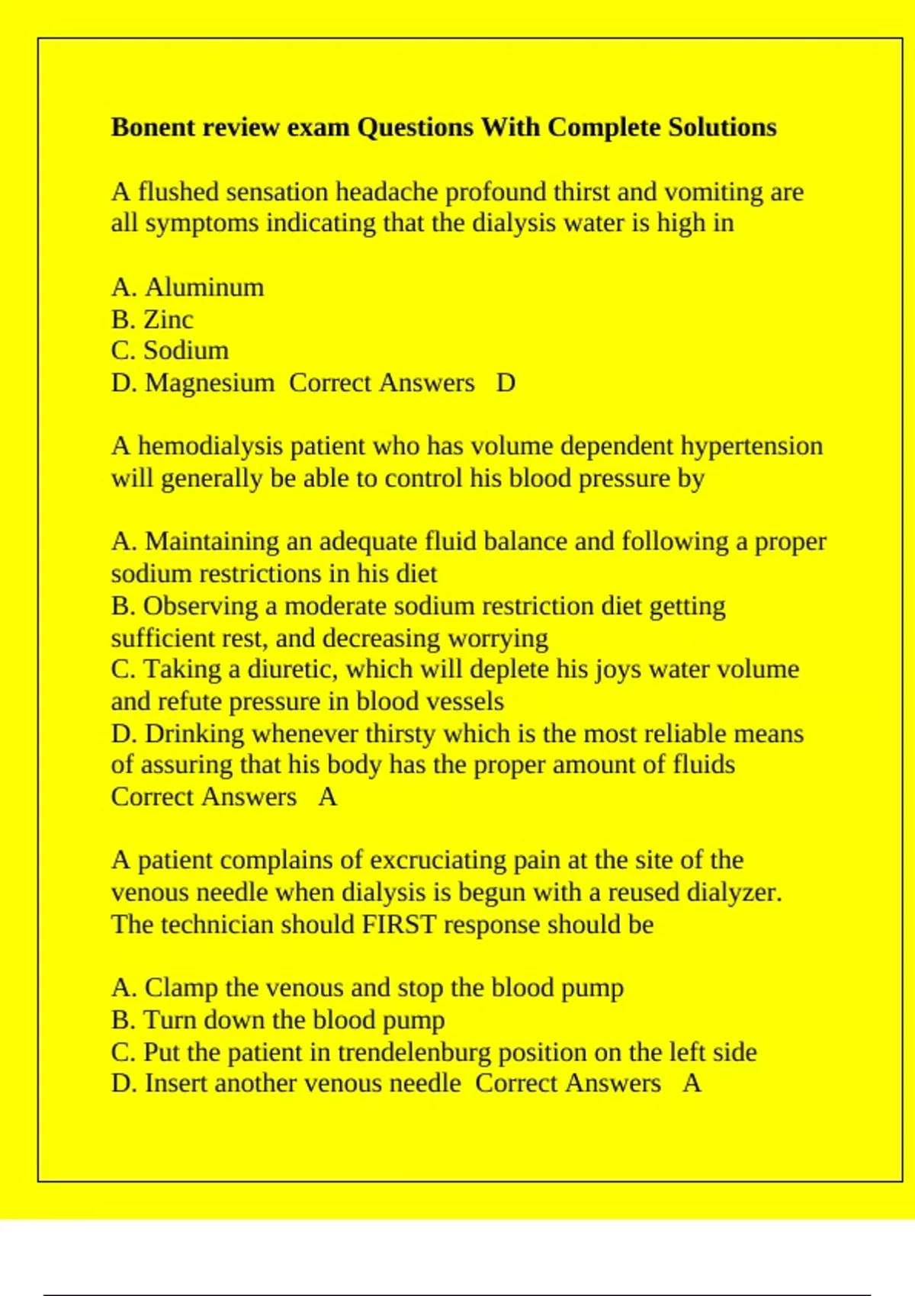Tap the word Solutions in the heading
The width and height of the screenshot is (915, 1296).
(722, 127)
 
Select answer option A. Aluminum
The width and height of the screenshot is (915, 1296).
(188, 287)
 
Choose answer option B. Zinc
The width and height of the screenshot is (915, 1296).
(152, 319)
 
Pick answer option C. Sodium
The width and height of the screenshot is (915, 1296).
(169, 351)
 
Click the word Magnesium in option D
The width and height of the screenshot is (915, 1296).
(210, 383)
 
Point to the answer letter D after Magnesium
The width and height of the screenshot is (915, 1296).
(506, 383)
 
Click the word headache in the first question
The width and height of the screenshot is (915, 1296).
(387, 191)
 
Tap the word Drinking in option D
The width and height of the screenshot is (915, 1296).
(195, 733)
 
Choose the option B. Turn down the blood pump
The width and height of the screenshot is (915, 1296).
(278, 1020)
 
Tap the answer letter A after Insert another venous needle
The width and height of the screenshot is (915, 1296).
(692, 1083)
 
